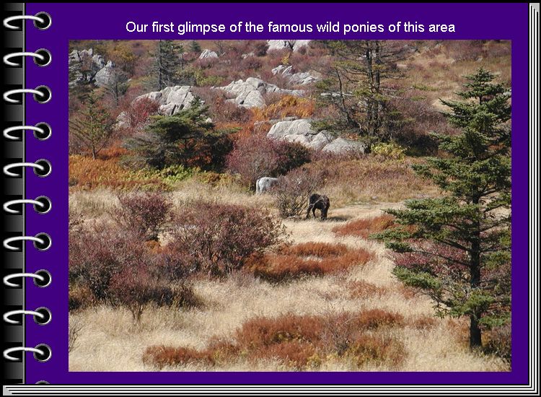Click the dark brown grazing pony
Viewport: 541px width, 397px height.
pos(318,206)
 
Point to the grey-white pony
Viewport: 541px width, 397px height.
pos(266,185)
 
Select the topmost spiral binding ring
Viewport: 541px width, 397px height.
pos(27,22)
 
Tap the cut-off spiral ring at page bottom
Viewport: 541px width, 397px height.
pos(43,382)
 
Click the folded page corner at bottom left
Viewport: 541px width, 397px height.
pos(8,391)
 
